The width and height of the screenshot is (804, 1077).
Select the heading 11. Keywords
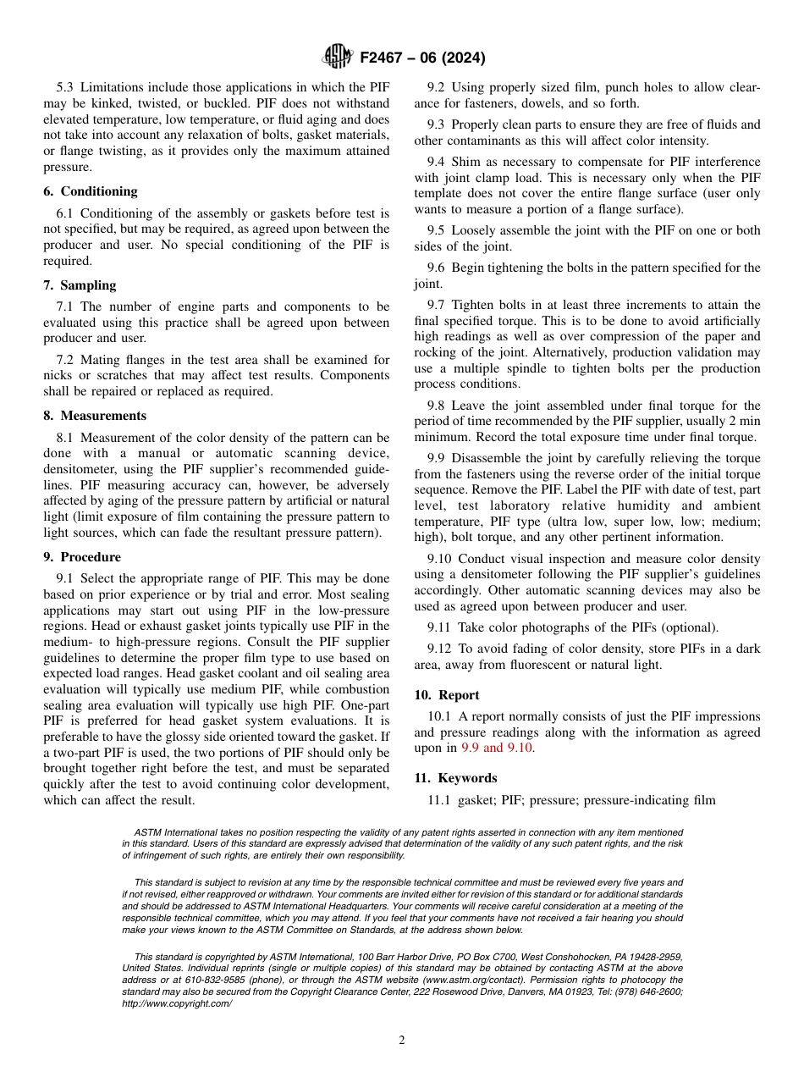click(x=455, y=778)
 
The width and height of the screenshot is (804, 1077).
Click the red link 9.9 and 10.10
click(x=498, y=748)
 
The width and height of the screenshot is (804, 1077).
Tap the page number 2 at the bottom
click(x=402, y=1041)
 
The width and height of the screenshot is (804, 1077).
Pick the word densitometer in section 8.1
click(x=81, y=469)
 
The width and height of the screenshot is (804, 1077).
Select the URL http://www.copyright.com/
click(x=177, y=1003)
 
